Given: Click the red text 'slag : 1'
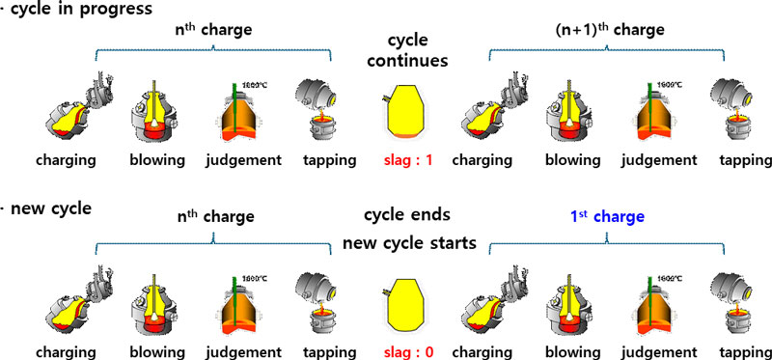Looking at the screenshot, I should click(x=399, y=159).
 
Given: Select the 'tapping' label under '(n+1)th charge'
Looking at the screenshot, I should click(x=739, y=159).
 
